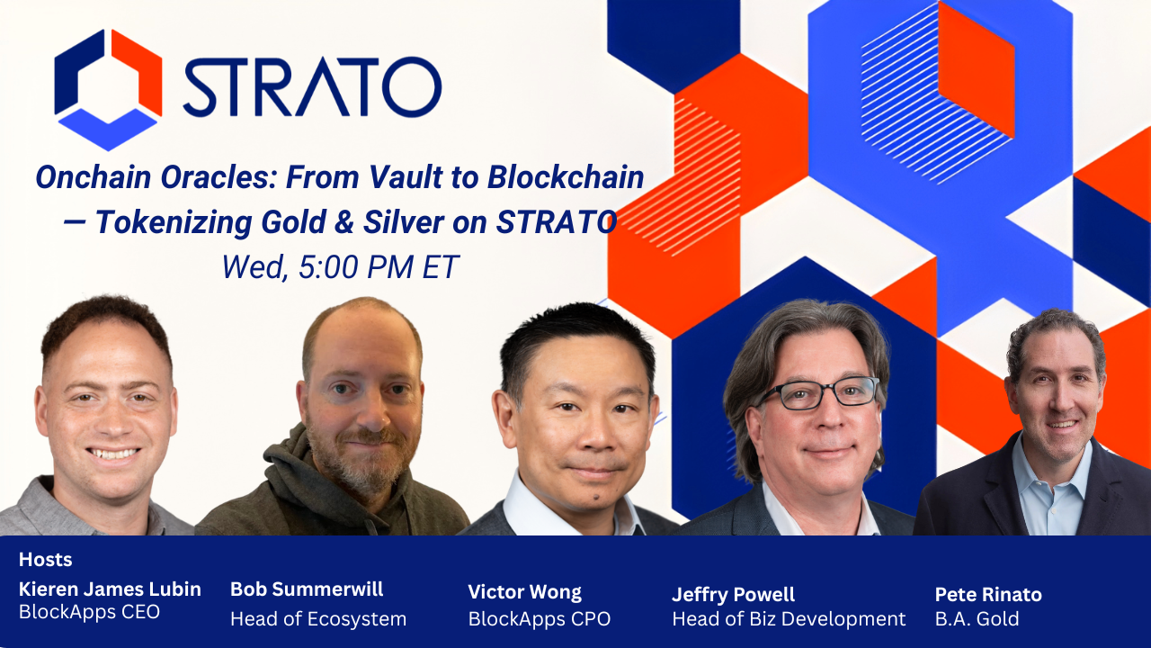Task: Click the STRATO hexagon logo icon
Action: click(x=108, y=88)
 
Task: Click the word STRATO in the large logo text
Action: click(x=312, y=87)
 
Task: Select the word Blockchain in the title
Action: click(x=566, y=177)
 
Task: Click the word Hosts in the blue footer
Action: click(x=45, y=560)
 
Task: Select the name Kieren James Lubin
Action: click(x=110, y=589)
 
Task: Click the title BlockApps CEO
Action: click(x=89, y=612)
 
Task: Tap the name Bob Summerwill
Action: click(x=307, y=589)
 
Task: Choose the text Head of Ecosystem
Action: click(x=318, y=619)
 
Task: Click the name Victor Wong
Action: click(x=524, y=592)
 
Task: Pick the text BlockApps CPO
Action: click(x=539, y=619)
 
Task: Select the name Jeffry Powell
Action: click(x=733, y=594)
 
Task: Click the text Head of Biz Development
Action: click(x=789, y=619)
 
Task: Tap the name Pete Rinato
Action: click(x=988, y=594)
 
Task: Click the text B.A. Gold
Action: click(x=977, y=619)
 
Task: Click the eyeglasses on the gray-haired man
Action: click(x=818, y=392)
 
